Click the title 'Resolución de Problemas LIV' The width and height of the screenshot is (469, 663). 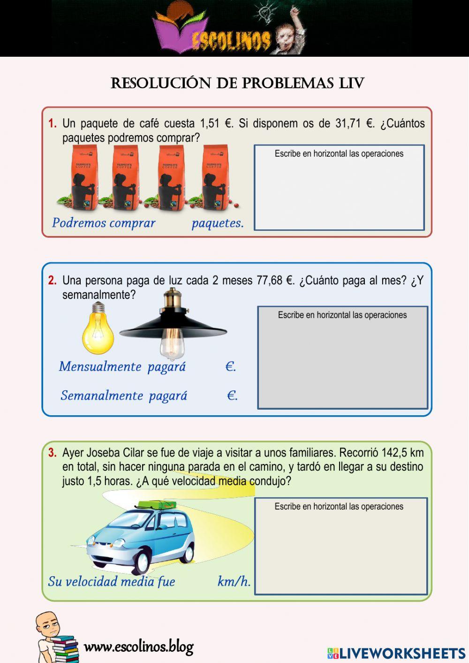pos(237,84)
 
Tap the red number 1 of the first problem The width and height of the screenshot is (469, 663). pos(52,124)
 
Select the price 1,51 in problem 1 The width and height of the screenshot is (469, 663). pos(210,124)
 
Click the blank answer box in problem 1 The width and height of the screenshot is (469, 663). pos(339,192)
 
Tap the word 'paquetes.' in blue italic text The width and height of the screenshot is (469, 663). pos(218,223)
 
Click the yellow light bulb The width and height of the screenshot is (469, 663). pos(98,328)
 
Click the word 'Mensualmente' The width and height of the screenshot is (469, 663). pos(100,366)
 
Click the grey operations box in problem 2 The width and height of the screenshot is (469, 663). pos(342,361)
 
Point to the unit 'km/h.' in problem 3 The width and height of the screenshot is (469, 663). pos(234,581)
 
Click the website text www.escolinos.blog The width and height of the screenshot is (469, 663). pos(138,647)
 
